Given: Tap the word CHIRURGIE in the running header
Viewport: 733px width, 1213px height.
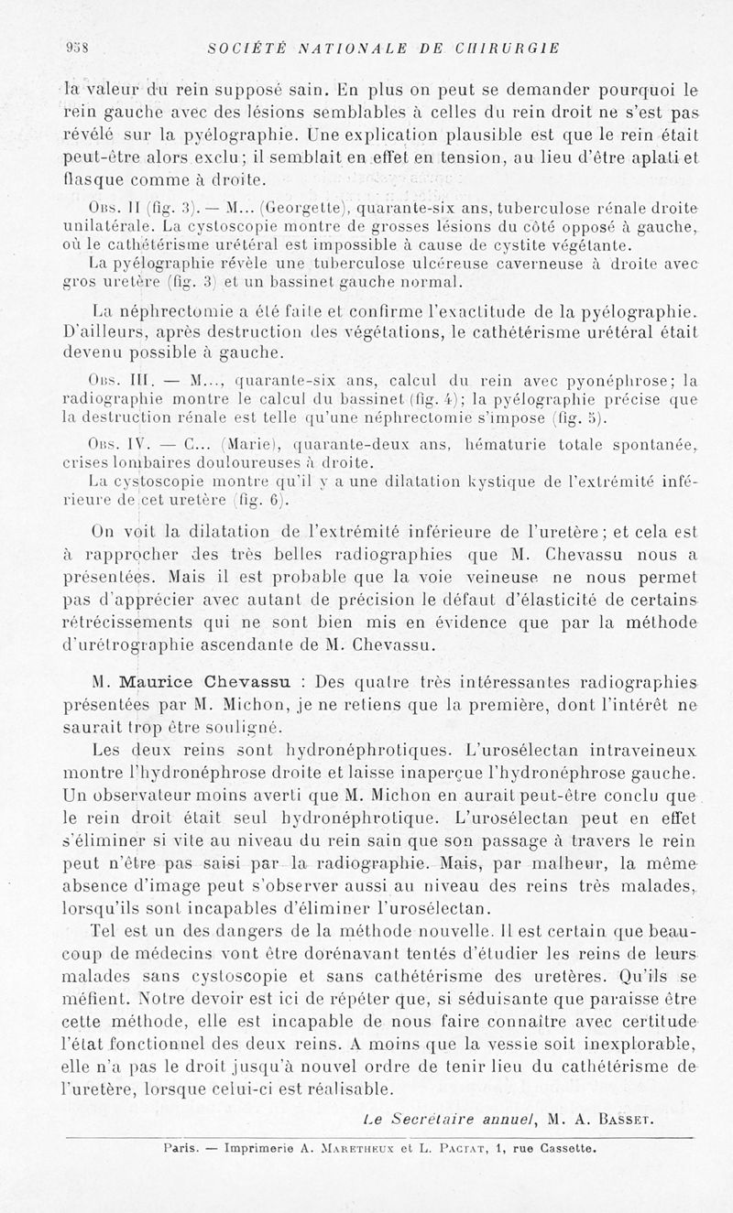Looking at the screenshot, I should click(509, 48).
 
